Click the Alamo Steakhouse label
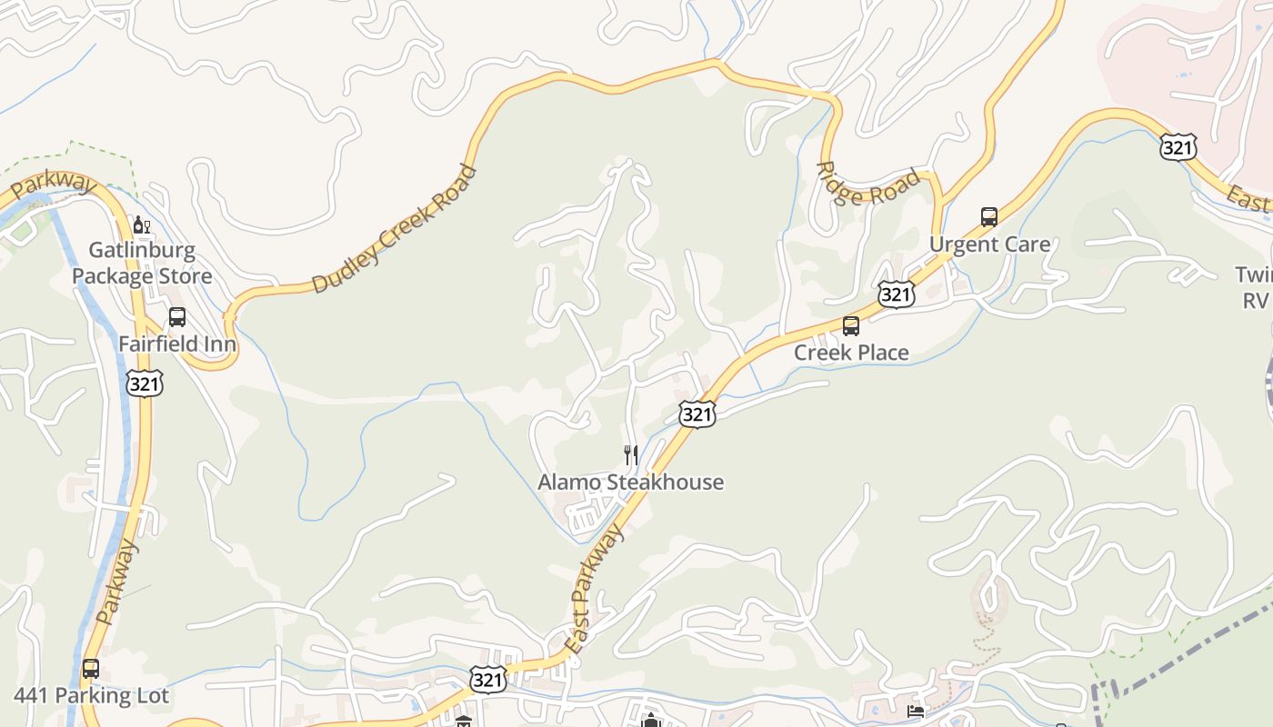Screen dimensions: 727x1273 [x=630, y=482]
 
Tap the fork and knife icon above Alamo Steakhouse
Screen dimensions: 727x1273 [x=630, y=454]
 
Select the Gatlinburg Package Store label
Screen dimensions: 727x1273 [x=142, y=263]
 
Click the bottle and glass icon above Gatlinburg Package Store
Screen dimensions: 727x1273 [x=141, y=224]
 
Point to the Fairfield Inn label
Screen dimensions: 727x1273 [x=177, y=344]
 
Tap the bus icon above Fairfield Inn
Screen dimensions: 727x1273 [x=177, y=317]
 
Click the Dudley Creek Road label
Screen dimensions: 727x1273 [x=394, y=229]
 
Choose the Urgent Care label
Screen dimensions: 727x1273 [x=989, y=244]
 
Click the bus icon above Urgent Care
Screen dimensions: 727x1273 [x=989, y=217]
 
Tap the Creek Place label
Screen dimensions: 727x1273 [x=851, y=353]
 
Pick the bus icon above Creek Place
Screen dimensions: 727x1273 [x=851, y=325]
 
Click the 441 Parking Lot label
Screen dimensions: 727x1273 [x=91, y=696]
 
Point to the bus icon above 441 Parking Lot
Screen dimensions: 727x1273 [x=91, y=669]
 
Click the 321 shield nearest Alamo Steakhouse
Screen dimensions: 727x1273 [x=697, y=414]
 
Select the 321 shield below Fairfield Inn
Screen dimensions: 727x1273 [x=145, y=383]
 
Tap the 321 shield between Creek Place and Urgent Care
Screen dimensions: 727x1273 [x=896, y=294]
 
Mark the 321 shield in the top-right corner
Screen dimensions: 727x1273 [x=1178, y=146]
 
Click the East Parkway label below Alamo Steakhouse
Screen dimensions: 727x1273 [x=594, y=589]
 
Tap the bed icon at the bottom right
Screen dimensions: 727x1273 [x=916, y=712]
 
